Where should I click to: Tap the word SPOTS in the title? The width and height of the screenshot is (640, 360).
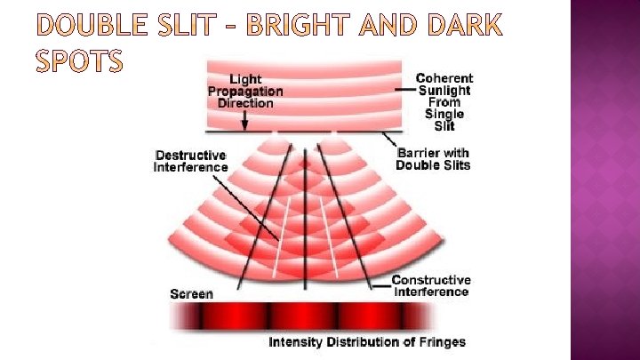pyautogui.click(x=80, y=63)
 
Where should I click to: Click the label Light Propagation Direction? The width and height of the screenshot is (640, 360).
pyautogui.click(x=245, y=91)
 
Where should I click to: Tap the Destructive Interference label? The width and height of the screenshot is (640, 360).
pyautogui.click(x=190, y=161)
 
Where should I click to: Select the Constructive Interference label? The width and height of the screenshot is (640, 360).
pyautogui.click(x=431, y=286)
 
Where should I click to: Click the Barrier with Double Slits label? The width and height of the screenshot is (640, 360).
pyautogui.click(x=433, y=159)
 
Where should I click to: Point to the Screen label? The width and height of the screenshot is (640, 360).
pyautogui.click(x=191, y=294)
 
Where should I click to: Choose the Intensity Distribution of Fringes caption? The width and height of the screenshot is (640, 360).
pyautogui.click(x=367, y=342)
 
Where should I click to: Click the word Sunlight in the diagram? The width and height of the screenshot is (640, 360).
pyautogui.click(x=444, y=90)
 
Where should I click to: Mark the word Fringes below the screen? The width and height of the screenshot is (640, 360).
pyautogui.click(x=441, y=342)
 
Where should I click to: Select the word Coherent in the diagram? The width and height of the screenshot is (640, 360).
pyautogui.click(x=444, y=78)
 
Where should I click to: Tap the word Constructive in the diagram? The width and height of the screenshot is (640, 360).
pyautogui.click(x=431, y=280)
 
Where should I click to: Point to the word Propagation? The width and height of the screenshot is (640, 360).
pyautogui.click(x=245, y=91)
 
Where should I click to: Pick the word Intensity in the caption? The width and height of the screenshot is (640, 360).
pyautogui.click(x=297, y=342)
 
